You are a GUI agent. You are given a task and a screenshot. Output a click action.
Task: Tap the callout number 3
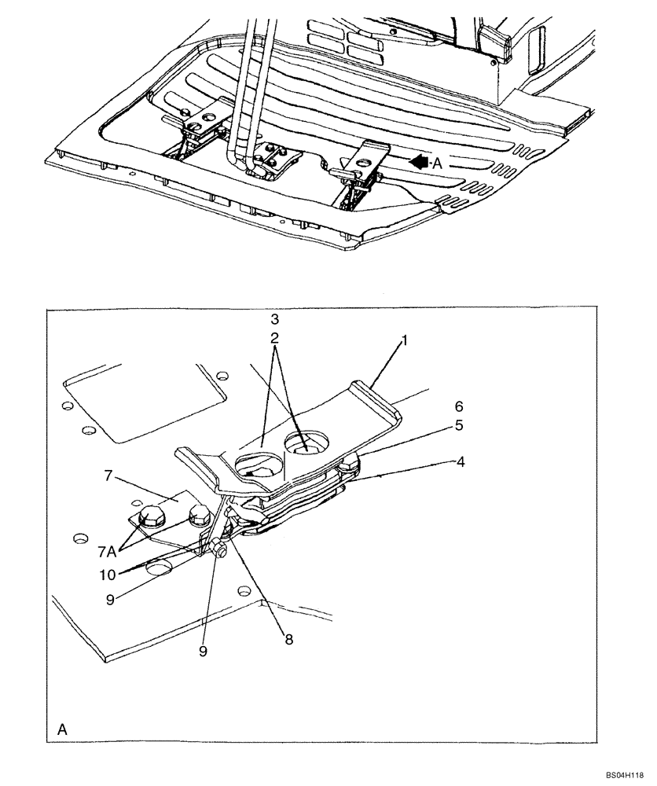[274, 320]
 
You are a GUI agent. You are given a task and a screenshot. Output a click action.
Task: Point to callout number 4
[461, 462]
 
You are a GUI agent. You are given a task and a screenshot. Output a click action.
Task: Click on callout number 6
[459, 406]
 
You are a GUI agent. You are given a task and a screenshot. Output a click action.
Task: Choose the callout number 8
[289, 640]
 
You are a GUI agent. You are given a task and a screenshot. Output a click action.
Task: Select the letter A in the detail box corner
[62, 730]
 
